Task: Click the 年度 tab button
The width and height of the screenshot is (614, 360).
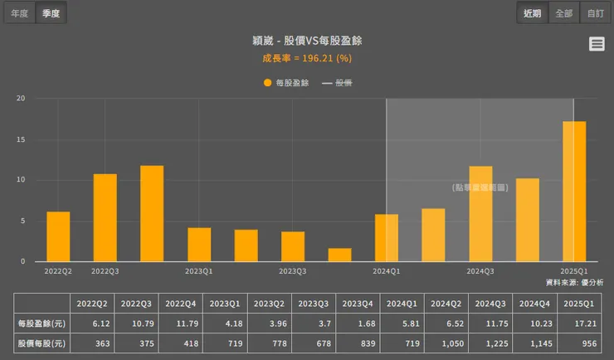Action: [x=19, y=13]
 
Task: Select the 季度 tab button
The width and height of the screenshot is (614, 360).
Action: [x=51, y=13]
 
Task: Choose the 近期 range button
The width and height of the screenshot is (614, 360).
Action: [x=531, y=13]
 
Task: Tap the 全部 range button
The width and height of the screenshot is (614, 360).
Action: [x=563, y=13]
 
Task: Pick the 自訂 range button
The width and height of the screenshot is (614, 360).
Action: [x=595, y=13]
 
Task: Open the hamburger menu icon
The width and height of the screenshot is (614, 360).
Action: [x=597, y=44]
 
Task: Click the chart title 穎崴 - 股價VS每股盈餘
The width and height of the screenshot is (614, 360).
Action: [x=306, y=41]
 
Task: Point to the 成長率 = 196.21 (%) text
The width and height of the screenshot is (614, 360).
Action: [x=306, y=58]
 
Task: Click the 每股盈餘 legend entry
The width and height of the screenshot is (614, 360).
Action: [x=286, y=83]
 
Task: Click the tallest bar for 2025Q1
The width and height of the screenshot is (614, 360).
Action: [x=574, y=191]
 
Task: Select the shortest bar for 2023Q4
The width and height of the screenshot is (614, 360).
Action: [x=339, y=255]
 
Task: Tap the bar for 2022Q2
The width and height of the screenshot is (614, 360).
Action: [x=58, y=236]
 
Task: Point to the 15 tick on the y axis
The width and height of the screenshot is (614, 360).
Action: [x=21, y=139]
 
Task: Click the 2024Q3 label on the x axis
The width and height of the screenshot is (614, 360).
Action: [x=480, y=270]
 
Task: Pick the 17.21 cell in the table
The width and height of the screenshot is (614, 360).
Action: [x=573, y=323]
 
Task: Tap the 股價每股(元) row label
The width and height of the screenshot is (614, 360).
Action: [x=41, y=343]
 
